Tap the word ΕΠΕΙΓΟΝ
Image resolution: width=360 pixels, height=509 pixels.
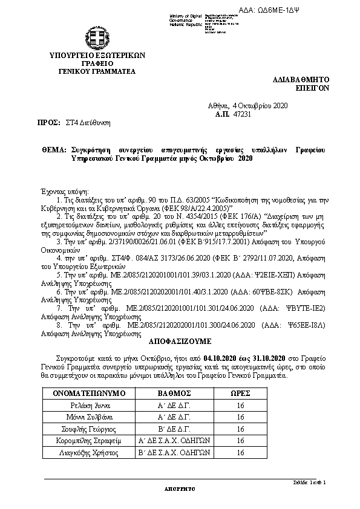[312, 87]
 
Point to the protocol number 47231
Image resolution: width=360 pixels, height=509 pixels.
[242, 113]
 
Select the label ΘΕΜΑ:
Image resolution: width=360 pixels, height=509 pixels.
[54, 149]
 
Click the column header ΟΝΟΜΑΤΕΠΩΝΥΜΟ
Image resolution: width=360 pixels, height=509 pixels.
[89, 394]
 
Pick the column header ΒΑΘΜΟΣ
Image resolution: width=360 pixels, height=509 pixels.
[174, 394]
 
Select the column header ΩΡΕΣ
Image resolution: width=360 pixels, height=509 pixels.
[241, 394]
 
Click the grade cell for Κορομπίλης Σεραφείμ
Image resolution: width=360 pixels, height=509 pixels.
[174, 441]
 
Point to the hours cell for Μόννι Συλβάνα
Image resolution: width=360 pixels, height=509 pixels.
[241, 417]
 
